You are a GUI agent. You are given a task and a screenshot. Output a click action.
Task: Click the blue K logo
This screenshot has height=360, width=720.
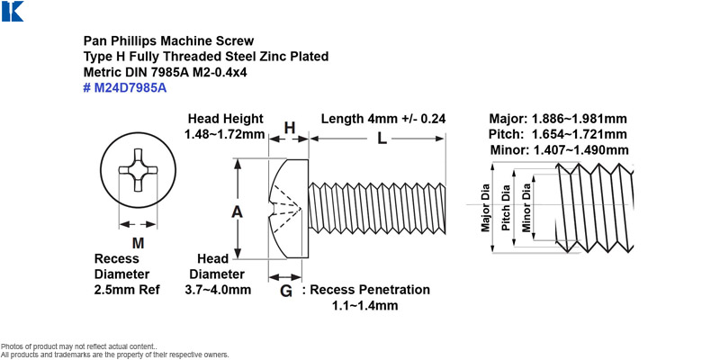click(13, 11)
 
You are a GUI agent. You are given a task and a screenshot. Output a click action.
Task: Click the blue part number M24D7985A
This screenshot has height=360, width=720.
click(125, 87)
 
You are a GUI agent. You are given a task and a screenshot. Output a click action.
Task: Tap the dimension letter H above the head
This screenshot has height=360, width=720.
click(289, 128)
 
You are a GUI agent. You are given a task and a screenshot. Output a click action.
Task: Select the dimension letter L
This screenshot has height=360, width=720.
click(382, 139)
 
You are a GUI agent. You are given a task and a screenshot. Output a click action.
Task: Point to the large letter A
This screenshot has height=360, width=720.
click(237, 211)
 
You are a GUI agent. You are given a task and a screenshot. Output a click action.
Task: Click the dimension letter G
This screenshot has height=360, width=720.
click(286, 291)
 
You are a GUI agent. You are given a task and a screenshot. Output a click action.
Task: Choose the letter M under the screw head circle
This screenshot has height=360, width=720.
click(138, 243)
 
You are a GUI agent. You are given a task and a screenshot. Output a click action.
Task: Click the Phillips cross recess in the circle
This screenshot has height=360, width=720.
click(139, 170)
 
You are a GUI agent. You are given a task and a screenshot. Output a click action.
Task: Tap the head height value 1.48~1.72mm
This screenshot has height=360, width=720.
click(225, 134)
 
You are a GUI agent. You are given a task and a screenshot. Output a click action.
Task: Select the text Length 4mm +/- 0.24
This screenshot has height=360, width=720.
click(383, 119)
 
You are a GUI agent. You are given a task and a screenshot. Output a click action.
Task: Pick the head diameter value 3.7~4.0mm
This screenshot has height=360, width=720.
click(218, 290)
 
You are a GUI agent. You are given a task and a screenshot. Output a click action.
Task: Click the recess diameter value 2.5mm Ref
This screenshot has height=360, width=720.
click(127, 290)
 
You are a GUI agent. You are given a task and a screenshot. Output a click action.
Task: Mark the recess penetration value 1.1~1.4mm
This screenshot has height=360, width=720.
click(365, 305)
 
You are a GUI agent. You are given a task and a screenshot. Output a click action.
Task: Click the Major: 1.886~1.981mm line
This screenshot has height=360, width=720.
click(558, 119)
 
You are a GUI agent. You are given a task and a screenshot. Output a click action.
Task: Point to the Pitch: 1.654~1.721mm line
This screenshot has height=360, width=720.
click(558, 134)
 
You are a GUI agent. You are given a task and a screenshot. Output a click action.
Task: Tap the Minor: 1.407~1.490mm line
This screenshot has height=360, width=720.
click(560, 149)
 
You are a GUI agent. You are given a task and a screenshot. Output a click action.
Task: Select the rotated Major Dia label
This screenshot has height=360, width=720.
click(485, 208)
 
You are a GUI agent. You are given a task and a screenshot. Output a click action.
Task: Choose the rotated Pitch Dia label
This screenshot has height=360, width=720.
click(506, 208)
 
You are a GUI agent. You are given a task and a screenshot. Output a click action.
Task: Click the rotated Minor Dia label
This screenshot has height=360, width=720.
click(526, 208)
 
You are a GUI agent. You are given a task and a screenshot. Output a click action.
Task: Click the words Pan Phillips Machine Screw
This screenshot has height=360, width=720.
click(168, 40)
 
